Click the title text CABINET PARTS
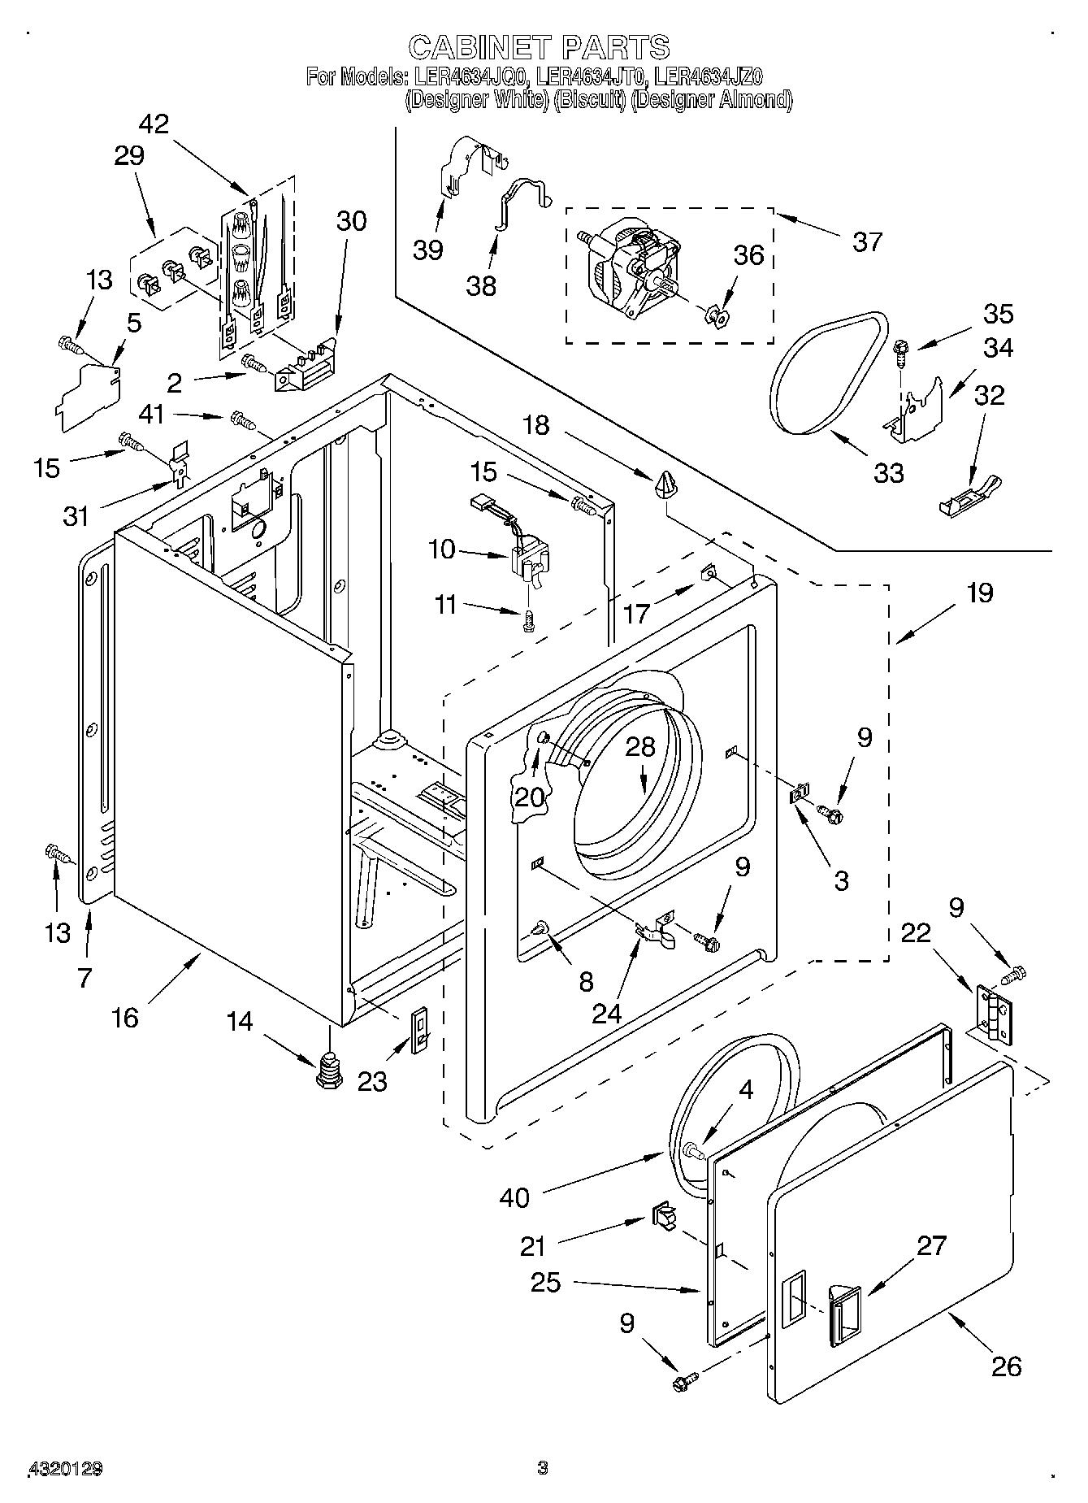(x=540, y=47)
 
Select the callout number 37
(x=867, y=241)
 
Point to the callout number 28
(x=640, y=747)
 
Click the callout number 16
(x=125, y=1018)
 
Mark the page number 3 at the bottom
(x=543, y=1467)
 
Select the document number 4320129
(x=66, y=1469)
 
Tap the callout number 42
(x=154, y=124)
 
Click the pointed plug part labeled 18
(x=665, y=484)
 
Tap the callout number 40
(x=515, y=1197)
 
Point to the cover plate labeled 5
(x=89, y=393)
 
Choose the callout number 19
(x=981, y=593)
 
